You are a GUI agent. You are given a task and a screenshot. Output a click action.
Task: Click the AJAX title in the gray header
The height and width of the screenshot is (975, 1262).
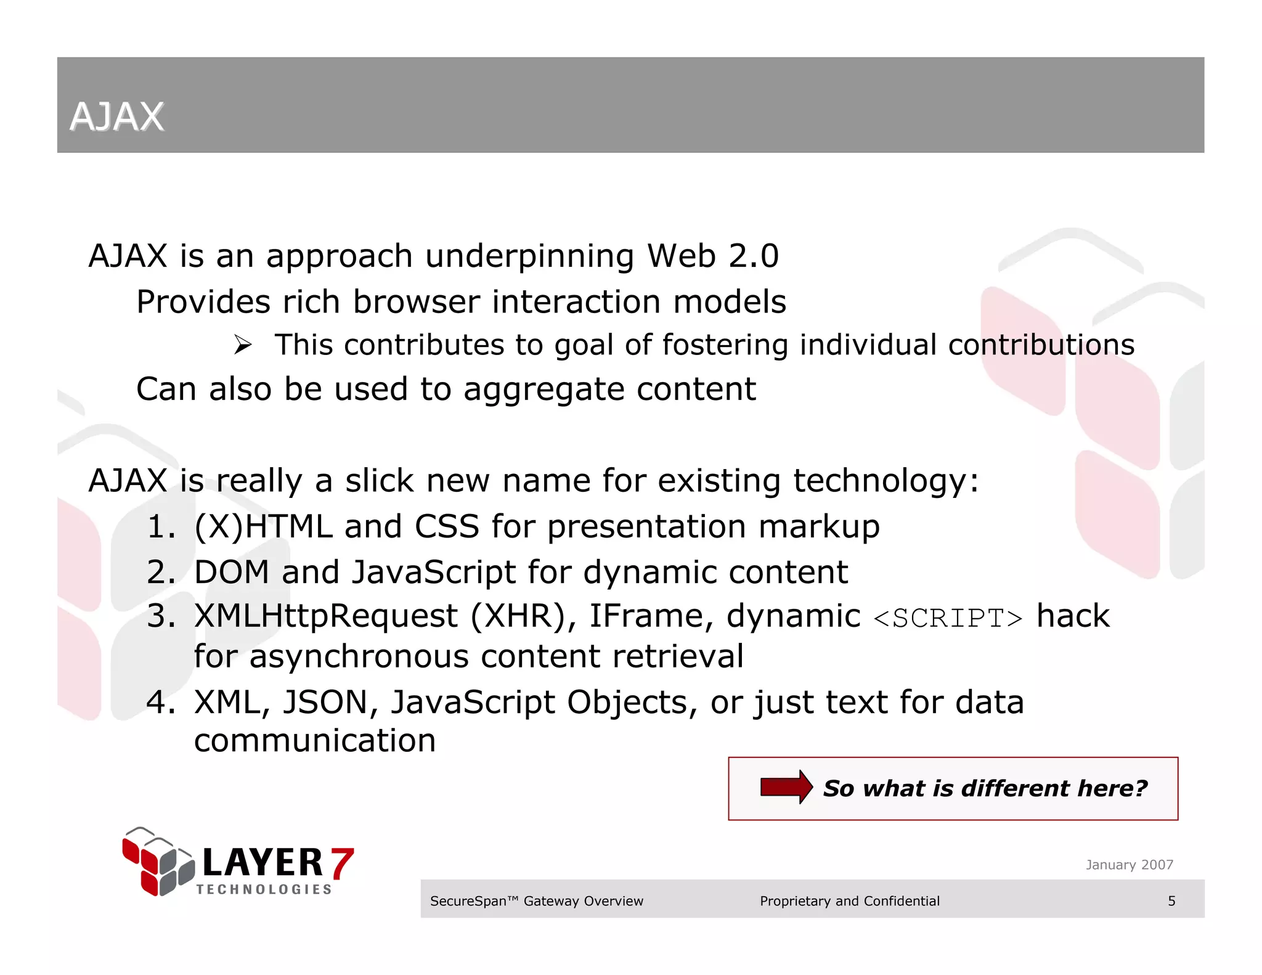click(116, 116)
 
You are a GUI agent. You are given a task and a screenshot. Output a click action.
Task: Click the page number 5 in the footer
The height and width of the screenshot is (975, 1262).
click(1171, 901)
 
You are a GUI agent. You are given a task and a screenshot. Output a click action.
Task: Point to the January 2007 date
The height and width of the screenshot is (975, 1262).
click(1129, 865)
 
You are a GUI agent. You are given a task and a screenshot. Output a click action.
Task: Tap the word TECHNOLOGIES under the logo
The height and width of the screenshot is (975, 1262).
click(264, 889)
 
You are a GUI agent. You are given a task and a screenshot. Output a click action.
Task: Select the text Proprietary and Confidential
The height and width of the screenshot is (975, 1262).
click(849, 901)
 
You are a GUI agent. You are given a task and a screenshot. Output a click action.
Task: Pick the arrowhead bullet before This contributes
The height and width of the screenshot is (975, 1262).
click(243, 345)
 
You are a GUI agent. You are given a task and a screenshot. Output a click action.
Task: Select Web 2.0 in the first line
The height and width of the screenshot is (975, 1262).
click(712, 256)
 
